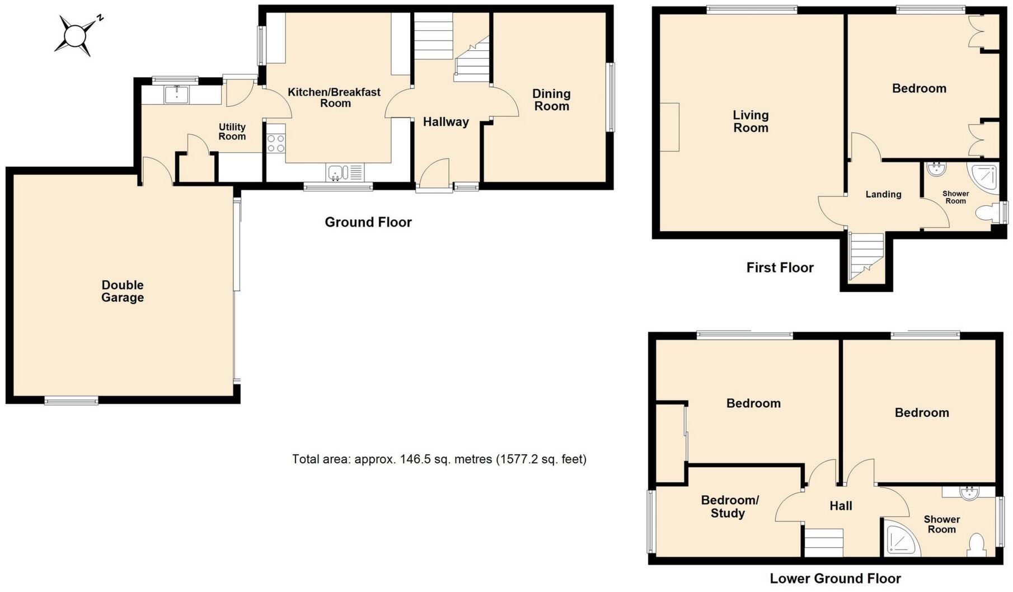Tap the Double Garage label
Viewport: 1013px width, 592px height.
coord(123,292)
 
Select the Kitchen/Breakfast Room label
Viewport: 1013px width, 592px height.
coord(334,97)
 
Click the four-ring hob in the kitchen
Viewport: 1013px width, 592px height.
coord(276,143)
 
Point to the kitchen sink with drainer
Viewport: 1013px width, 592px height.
coord(345,172)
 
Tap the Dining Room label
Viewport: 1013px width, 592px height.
coord(551,100)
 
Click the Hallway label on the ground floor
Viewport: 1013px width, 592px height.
coord(446,122)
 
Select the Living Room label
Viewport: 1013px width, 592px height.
coord(751,121)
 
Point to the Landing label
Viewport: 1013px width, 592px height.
coord(883,194)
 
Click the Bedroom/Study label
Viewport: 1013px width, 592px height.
coord(729,506)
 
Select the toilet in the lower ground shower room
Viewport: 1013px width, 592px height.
coord(977,545)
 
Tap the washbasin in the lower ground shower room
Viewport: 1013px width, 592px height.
coord(968,492)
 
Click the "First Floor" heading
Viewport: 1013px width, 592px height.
coord(780,267)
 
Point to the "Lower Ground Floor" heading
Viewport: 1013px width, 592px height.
coord(835,579)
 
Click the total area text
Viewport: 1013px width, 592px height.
coord(439,459)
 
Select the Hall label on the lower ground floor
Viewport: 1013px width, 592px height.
coord(841,506)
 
